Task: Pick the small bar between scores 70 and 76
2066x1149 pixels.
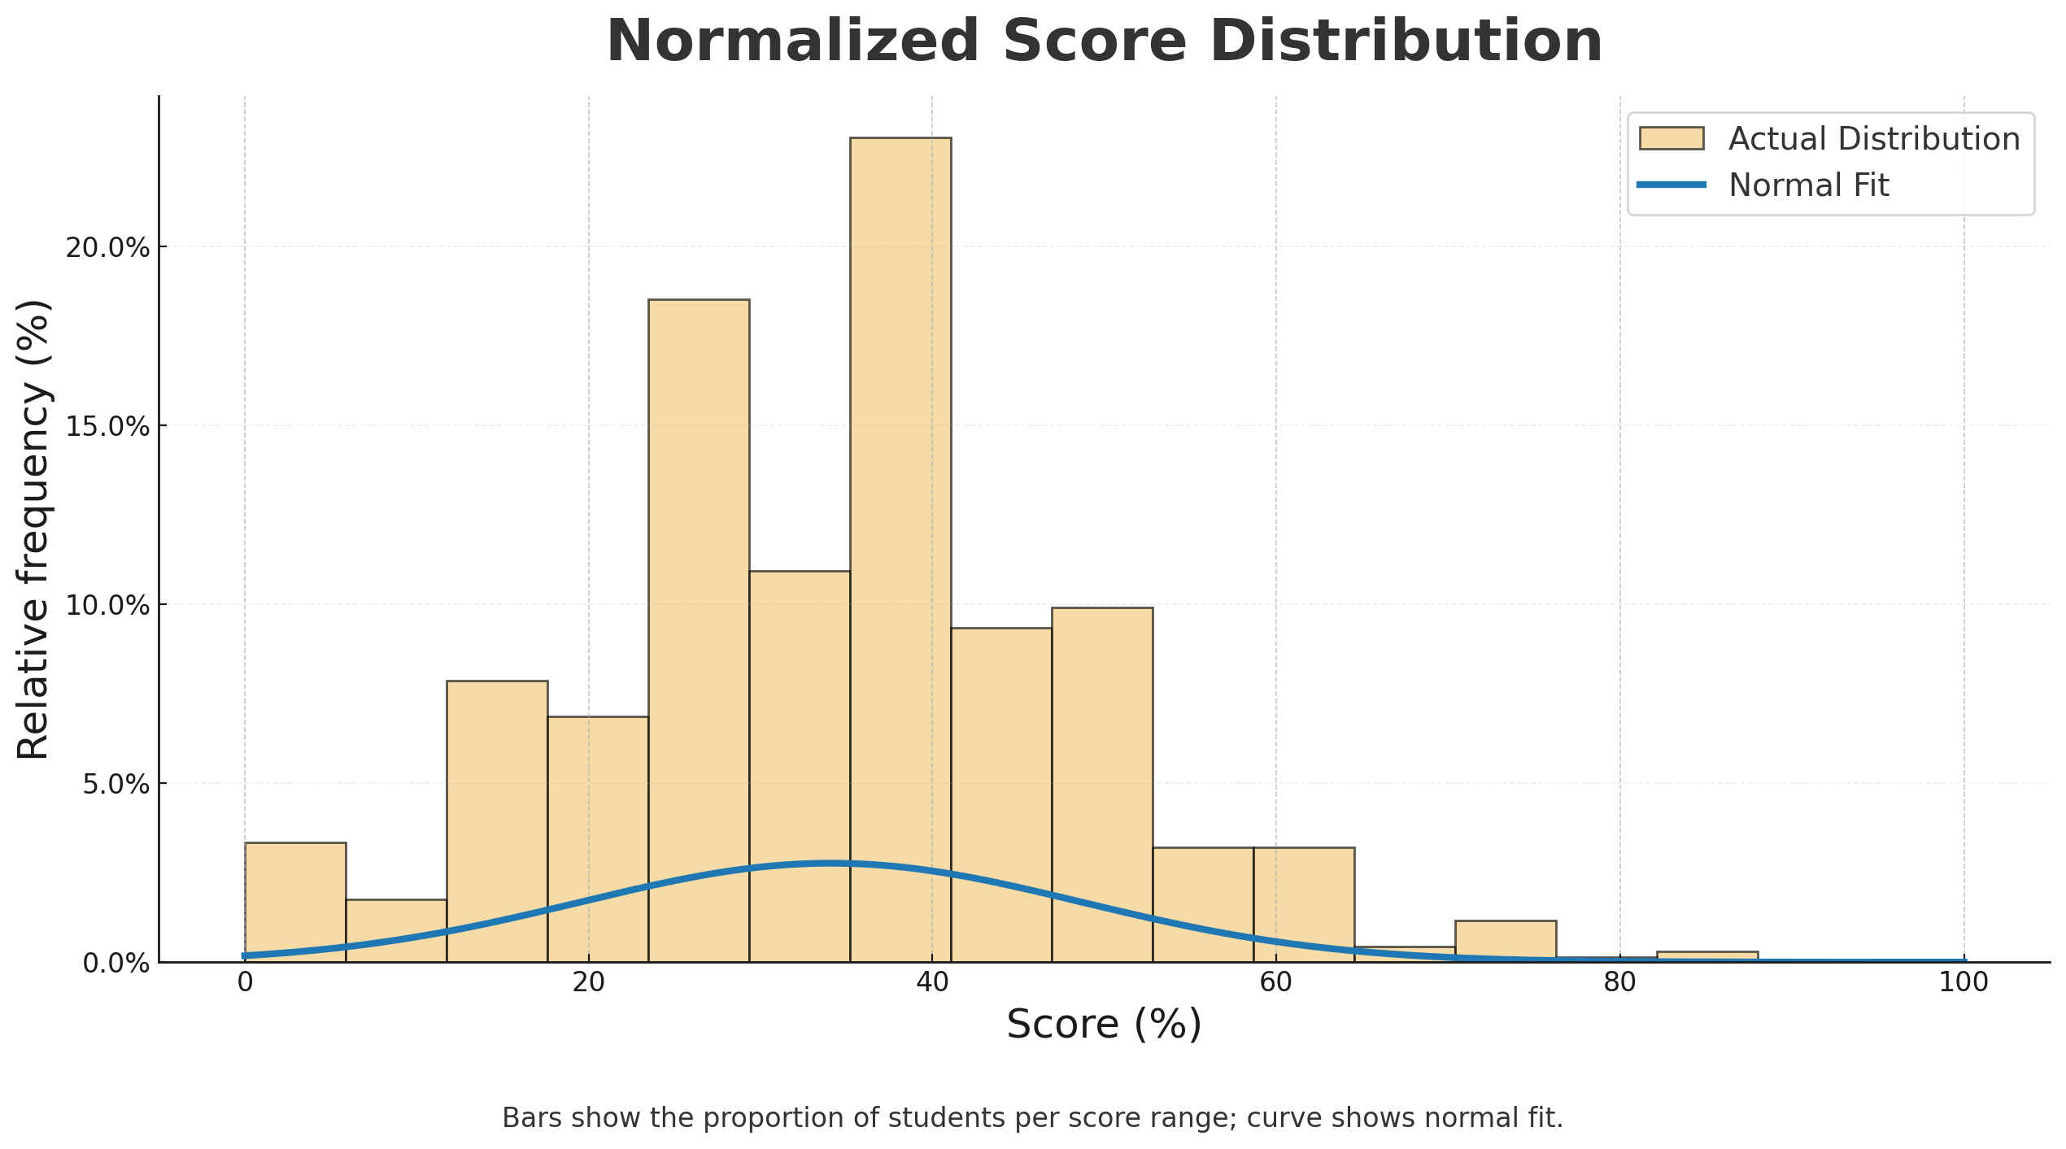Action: (1506, 942)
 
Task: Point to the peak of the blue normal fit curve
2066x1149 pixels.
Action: (830, 863)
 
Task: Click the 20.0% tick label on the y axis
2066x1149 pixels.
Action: (107, 248)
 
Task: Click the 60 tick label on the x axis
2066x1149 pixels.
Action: (1275, 983)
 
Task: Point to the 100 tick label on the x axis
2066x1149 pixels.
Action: (1964, 983)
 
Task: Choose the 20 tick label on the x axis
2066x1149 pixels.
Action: (588, 983)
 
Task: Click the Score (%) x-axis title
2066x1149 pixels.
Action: (1104, 1025)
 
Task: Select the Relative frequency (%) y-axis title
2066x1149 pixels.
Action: (34, 529)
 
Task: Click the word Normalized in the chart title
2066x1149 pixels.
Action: (793, 42)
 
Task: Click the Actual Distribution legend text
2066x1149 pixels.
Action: (1874, 139)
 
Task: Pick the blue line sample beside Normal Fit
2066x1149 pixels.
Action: (1672, 185)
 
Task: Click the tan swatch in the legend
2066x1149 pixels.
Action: (1672, 138)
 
